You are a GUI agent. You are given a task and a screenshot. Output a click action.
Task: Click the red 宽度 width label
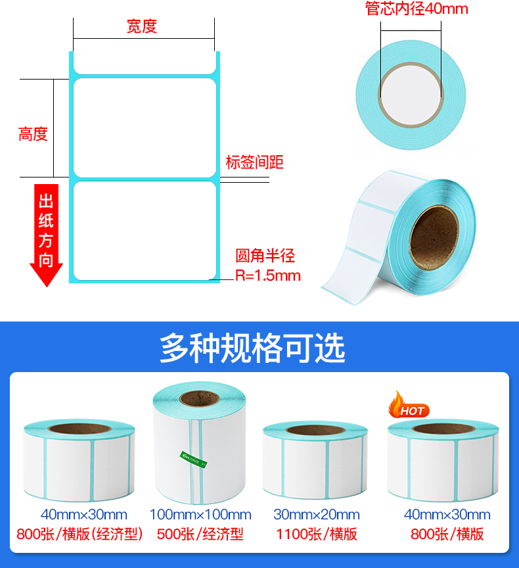(142, 27)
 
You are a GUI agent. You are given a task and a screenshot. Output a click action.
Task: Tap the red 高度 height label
(33, 134)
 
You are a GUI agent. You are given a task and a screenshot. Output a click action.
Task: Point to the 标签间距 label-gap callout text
(254, 162)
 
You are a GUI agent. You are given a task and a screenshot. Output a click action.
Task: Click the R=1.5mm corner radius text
(268, 275)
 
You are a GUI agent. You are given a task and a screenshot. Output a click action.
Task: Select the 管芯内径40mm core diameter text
(417, 9)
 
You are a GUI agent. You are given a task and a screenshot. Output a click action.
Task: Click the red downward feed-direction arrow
(46, 237)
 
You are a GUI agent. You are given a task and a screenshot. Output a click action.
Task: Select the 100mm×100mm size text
(200, 515)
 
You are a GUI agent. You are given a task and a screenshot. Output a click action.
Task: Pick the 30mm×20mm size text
(317, 515)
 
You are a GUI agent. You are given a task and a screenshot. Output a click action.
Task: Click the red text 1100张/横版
(317, 534)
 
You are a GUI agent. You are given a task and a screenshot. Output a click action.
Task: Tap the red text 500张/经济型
(200, 534)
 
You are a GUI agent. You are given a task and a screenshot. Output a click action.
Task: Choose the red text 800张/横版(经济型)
(79, 534)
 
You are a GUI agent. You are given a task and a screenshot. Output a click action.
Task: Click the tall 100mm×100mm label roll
(198, 447)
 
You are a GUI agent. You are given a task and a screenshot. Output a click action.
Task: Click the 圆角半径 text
(265, 256)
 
